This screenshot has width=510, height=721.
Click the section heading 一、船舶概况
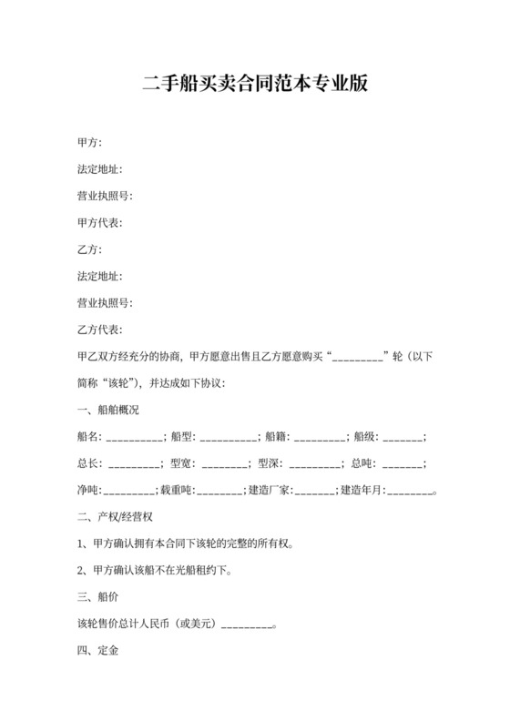pos(108,411)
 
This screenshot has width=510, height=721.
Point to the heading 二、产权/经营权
pos(120,518)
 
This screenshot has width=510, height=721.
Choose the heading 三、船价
pos(97,598)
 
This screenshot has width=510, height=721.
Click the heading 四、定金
pos(97,652)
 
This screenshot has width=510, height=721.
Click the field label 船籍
pos(276,438)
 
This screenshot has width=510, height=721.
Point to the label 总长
pos(89,464)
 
